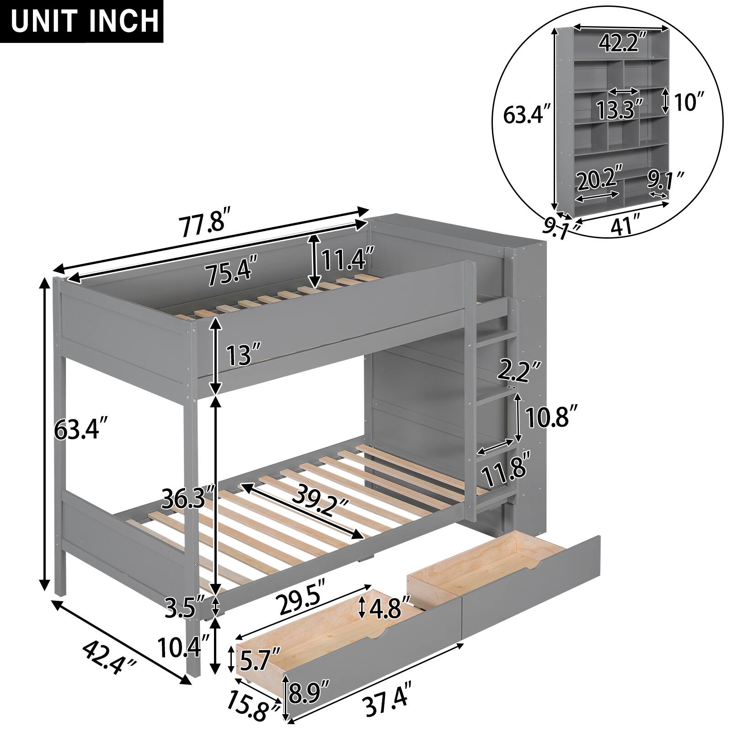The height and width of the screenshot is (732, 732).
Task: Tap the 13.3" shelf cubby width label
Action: pos(619,108)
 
